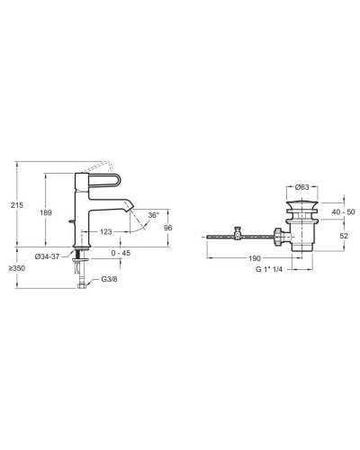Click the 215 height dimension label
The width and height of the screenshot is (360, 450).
pos(17,205)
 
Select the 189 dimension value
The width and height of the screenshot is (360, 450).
pos(46,212)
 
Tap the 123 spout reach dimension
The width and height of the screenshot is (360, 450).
pos(105,232)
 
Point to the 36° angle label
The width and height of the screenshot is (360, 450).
pos(153,215)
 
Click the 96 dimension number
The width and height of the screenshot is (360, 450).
pos(168,228)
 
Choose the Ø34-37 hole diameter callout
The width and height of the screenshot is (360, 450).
pos(47,256)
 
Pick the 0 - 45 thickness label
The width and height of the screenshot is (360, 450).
pos(121,253)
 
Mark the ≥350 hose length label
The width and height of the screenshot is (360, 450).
pos(17,268)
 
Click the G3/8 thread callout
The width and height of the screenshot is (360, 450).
pos(109,279)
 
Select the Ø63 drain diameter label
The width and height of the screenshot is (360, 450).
pos(301,187)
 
